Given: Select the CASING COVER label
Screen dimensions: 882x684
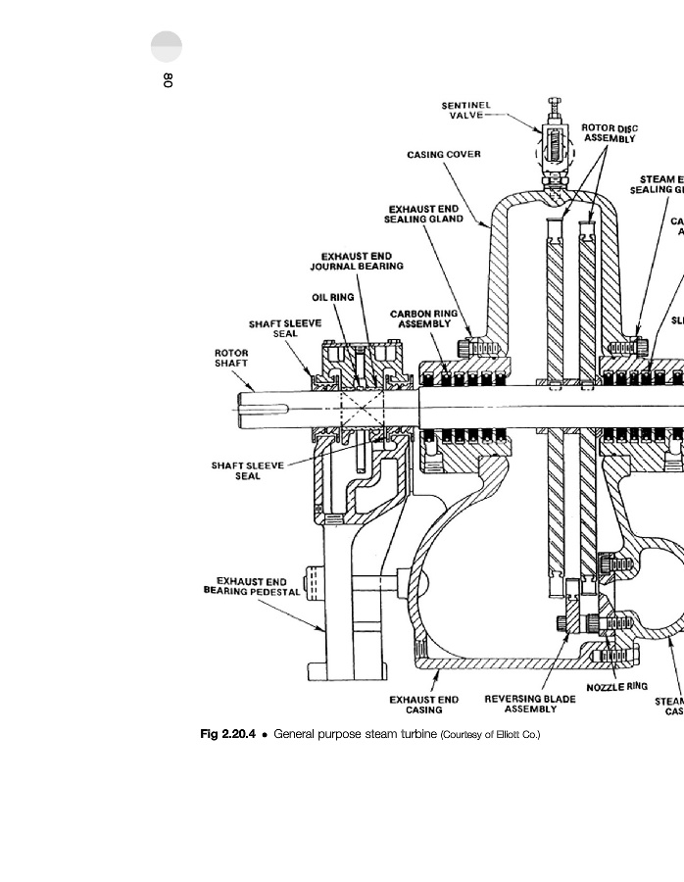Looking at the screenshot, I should [x=444, y=154].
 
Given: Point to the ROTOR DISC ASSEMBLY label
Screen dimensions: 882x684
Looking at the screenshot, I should [x=610, y=133].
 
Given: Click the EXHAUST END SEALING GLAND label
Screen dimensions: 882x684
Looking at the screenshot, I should [x=425, y=214].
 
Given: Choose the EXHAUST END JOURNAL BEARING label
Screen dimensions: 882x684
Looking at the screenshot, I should [x=356, y=261].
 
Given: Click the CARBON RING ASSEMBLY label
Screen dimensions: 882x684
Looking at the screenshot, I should [x=423, y=318].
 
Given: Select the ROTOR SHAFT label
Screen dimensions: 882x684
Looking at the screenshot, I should [x=232, y=358].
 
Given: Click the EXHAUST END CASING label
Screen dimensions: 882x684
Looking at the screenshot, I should [x=423, y=705].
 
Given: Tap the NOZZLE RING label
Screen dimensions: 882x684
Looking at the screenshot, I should [x=617, y=687].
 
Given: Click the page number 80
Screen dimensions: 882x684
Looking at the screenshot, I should [x=168, y=81].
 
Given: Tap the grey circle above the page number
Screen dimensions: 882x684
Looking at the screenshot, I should [x=168, y=47].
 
